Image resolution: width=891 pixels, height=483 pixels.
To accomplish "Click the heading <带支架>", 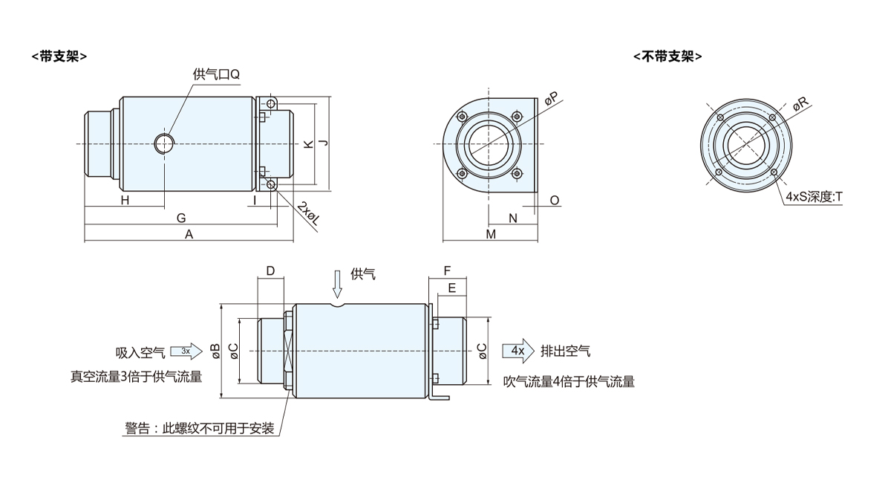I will click(x=59, y=56).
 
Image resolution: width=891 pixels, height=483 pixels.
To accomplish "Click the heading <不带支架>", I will click(x=667, y=56).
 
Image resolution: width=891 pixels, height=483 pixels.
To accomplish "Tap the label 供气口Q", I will click(x=216, y=74).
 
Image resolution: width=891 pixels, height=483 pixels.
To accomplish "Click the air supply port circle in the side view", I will click(x=163, y=143).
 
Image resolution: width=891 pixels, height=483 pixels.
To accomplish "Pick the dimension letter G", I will click(x=180, y=218).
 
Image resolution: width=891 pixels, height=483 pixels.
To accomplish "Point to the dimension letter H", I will click(x=125, y=201).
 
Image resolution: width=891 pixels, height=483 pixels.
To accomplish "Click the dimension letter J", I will click(x=323, y=143).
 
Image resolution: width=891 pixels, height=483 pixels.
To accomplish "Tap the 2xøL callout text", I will click(x=308, y=213).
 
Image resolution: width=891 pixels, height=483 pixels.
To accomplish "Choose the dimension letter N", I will click(x=512, y=218).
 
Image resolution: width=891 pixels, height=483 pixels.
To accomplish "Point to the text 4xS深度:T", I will click(x=814, y=197).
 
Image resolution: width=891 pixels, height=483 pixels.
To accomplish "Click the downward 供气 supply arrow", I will click(x=338, y=283).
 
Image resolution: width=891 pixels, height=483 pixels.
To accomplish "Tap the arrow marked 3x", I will click(x=186, y=350).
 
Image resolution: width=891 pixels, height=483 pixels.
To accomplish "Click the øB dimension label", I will click(x=215, y=351).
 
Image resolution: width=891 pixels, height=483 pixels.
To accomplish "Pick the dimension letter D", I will click(x=271, y=270).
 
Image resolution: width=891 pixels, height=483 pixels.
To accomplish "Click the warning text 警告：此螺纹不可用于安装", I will click(x=200, y=429).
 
